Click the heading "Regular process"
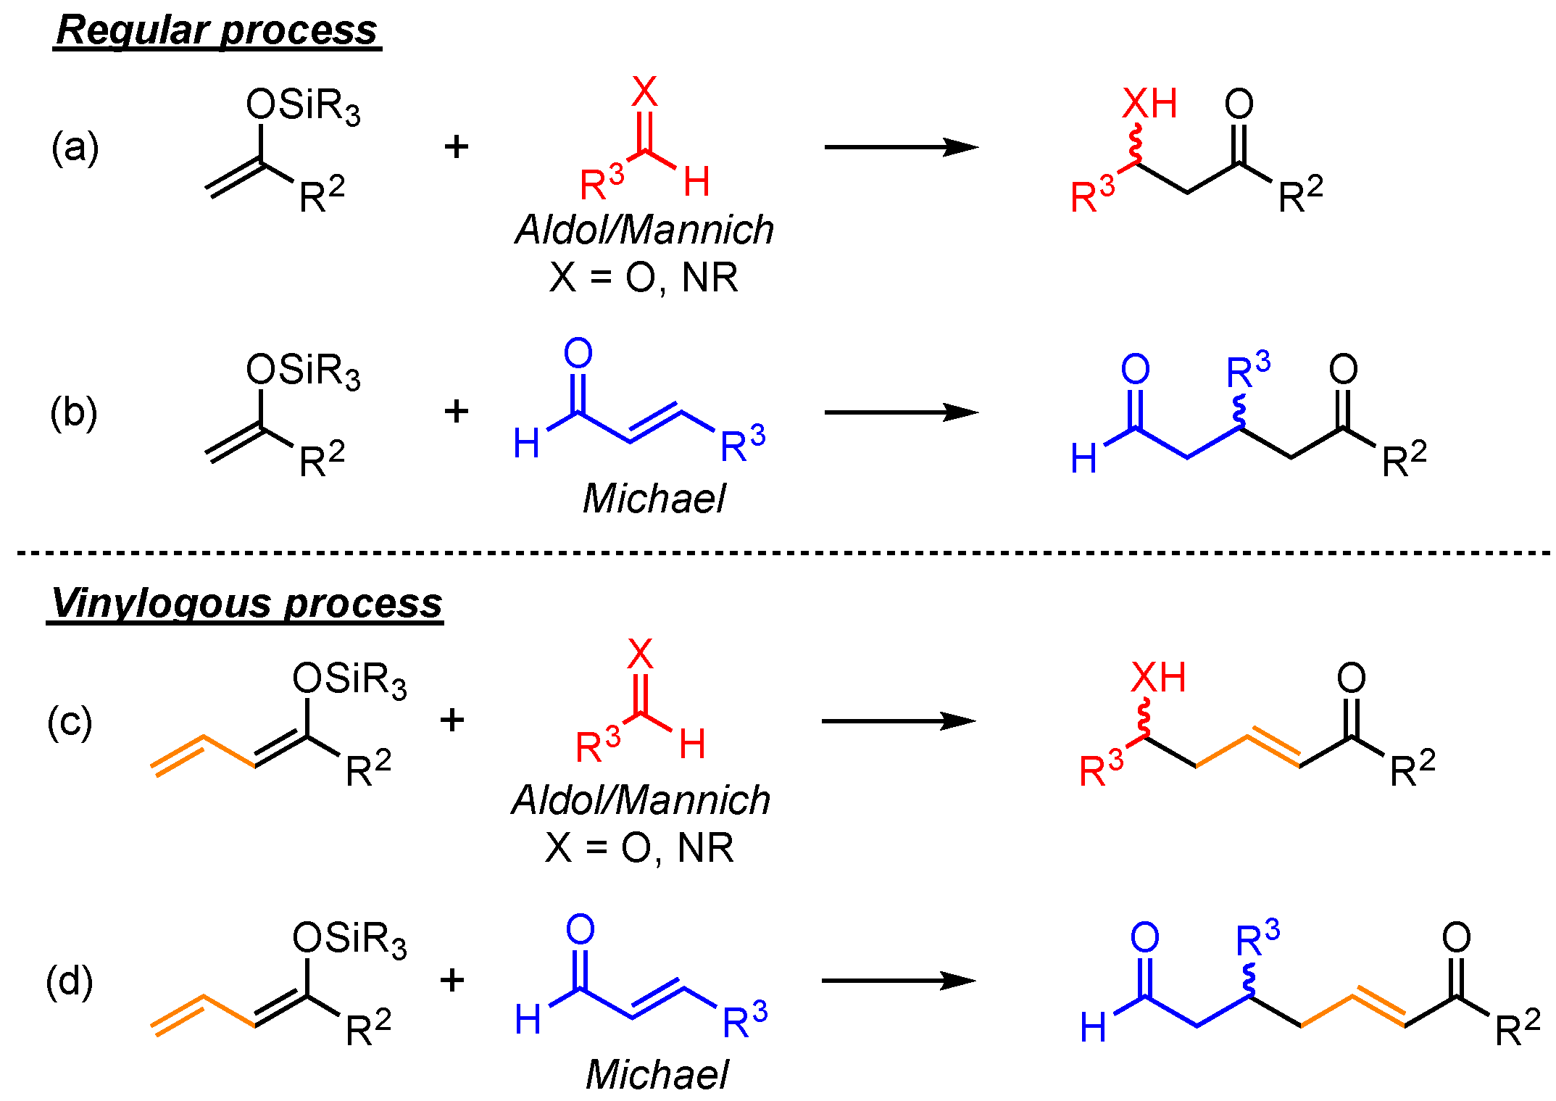coord(217,31)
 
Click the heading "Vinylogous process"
coord(246,603)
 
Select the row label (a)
coord(75,148)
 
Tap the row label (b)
coord(74,413)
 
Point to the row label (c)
coord(70,722)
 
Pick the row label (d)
coord(70,981)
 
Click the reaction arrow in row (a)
coord(901,147)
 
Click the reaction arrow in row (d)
coord(899,981)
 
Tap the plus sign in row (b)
coord(457,412)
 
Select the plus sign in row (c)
coord(452,720)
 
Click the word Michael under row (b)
coord(654,499)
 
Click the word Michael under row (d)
coord(657,1074)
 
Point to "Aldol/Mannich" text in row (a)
coord(644,230)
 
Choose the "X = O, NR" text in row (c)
coord(640,847)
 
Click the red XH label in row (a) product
coord(1149,104)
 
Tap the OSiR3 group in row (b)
coord(303,371)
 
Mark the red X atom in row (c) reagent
coord(640,654)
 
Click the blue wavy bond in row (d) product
coord(1249,980)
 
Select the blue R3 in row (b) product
coord(1247,372)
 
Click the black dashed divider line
coord(783,553)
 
